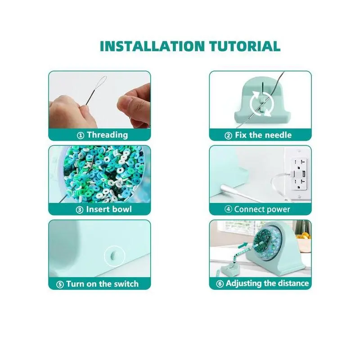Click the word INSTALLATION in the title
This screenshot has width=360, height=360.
pos(152,46)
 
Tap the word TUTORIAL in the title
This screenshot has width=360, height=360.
pos(245,46)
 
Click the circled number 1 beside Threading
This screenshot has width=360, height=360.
pos(81,135)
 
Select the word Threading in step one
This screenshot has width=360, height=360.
pos(107,135)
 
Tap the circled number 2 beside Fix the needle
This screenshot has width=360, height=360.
pos(228,136)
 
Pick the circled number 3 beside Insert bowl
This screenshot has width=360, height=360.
pos(80,210)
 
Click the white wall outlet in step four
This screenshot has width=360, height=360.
pos(297,173)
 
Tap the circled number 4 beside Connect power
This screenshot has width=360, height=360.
pos(228,209)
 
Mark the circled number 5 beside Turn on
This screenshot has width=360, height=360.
pos(60,285)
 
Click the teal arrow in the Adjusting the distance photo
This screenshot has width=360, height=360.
pos(243,246)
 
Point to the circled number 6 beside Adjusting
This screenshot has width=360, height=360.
pos(220,284)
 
